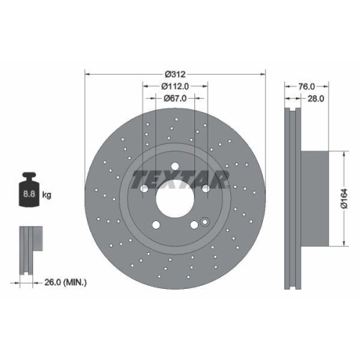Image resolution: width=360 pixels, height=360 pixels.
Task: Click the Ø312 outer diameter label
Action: pyautogui.click(x=176, y=74)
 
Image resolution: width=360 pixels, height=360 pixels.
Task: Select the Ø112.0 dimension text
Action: pyautogui.click(x=176, y=86)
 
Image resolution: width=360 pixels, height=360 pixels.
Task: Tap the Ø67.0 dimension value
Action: pyautogui.click(x=176, y=98)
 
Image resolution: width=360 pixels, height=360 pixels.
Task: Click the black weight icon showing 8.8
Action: pyautogui.click(x=30, y=192)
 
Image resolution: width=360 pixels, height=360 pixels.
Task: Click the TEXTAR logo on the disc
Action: pyautogui.click(x=179, y=178)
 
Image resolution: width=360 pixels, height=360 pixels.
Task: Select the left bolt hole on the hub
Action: pyautogui.click(x=145, y=189)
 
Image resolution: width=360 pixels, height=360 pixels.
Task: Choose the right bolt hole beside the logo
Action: pyautogui.click(x=206, y=189)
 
